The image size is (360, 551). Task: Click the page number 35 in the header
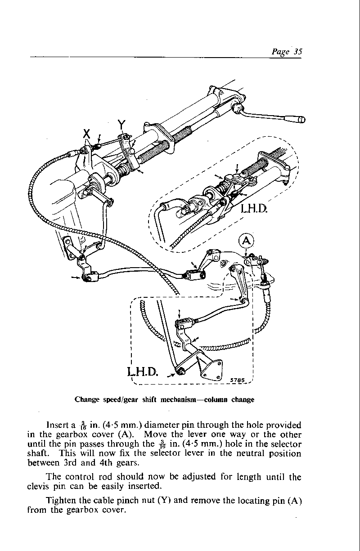(298, 51)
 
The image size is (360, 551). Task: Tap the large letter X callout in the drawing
(86, 134)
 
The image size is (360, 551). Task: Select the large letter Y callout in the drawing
(121, 125)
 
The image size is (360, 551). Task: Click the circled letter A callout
(247, 241)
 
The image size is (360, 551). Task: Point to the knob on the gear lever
(301, 120)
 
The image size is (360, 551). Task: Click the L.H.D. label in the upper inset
(254, 209)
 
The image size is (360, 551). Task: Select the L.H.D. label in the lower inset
(142, 372)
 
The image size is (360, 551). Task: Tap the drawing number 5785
(237, 380)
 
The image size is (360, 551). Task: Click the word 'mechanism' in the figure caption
(178, 400)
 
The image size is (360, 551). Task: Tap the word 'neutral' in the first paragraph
(250, 453)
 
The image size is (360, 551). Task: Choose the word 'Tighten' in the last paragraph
(61, 501)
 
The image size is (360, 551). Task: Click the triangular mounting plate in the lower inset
(211, 369)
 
